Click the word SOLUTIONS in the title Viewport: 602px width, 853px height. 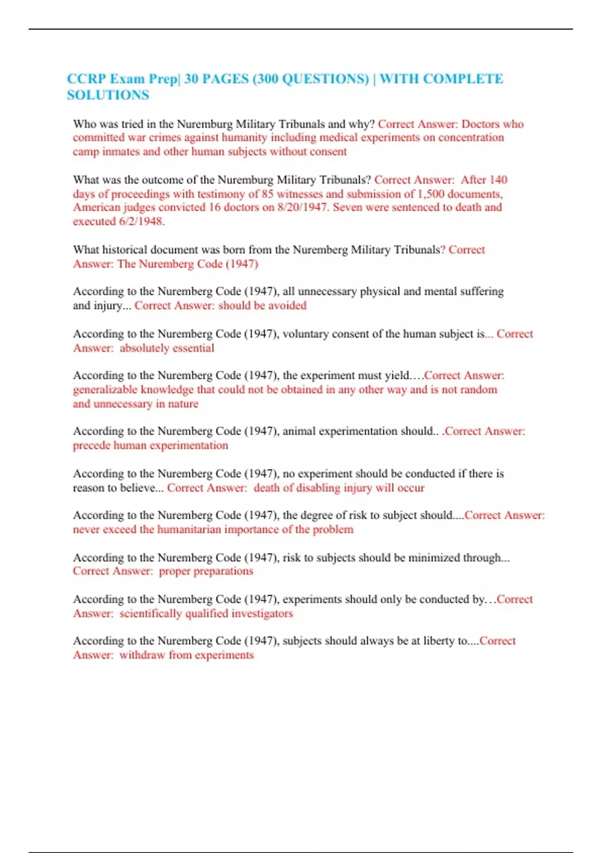click(x=108, y=95)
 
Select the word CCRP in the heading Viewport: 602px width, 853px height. click(x=86, y=79)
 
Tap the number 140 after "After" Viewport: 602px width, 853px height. click(x=498, y=180)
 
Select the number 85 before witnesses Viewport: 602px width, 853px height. click(x=267, y=194)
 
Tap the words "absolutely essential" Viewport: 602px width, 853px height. click(x=167, y=348)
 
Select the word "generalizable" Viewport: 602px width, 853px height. click(x=105, y=389)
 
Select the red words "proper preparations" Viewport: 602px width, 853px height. click(x=206, y=571)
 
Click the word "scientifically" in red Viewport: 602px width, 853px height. click(x=150, y=613)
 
